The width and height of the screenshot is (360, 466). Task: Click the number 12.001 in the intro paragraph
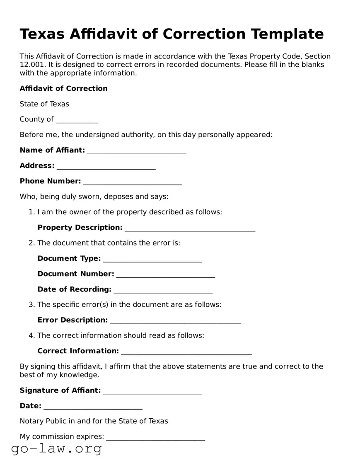[x=31, y=65]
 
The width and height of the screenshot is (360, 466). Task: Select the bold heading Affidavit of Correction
[x=63, y=88]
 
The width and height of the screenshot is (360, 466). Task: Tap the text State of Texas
[x=44, y=104]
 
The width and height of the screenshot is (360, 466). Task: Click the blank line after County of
[x=77, y=120]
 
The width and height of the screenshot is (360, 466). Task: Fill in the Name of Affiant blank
[x=137, y=151]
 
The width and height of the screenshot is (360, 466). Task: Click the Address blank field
[x=106, y=166]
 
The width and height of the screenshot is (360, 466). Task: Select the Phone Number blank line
[x=133, y=182]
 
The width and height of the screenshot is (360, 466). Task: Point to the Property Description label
[x=80, y=227]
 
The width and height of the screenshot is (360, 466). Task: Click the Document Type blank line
[x=152, y=259]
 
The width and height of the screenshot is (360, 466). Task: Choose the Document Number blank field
[x=166, y=274]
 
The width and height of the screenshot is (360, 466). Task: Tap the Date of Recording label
[x=75, y=289]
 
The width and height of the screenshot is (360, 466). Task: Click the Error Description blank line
[x=176, y=320]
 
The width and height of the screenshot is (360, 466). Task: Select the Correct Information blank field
[x=186, y=352]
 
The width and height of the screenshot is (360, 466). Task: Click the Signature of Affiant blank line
[x=152, y=391]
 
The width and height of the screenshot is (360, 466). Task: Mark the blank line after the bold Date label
[x=93, y=406]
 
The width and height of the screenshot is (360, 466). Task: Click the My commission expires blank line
[x=156, y=437]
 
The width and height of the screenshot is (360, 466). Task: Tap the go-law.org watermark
[x=56, y=448]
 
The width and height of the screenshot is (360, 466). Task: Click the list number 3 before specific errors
[x=31, y=304]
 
